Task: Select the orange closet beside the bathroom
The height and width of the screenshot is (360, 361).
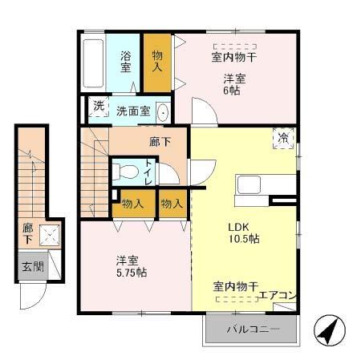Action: pos(157,62)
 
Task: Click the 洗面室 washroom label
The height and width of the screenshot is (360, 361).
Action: pos(132,111)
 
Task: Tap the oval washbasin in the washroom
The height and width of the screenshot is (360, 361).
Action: pos(163,111)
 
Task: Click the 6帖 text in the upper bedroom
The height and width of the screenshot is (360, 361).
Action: pos(231,91)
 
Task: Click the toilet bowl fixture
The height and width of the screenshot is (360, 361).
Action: pos(125,172)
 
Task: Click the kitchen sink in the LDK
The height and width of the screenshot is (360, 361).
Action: pos(248,184)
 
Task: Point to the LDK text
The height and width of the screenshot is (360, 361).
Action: pos(242,226)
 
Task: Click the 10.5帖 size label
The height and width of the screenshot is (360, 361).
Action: pos(245,239)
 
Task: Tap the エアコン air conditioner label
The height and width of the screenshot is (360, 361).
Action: pos(278,295)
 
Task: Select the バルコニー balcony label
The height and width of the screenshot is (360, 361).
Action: pos(253,330)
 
